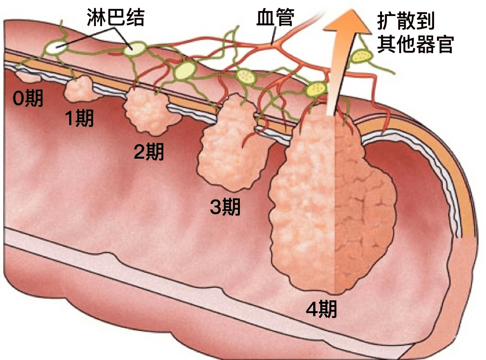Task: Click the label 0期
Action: [x=28, y=98]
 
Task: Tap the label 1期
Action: [x=80, y=118]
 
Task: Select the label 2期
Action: [x=149, y=152]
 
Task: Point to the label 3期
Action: [x=225, y=208]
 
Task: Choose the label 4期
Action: [x=321, y=310]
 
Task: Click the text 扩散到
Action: [x=405, y=21]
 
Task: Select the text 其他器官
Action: [x=415, y=44]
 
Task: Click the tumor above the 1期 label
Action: [x=81, y=90]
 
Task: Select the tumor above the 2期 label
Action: [x=149, y=112]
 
